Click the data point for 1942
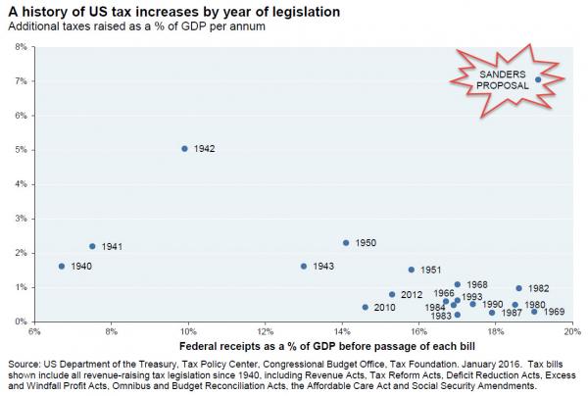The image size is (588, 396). coord(184,149)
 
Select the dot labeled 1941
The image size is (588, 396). coord(92,247)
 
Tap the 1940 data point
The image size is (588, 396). coord(62,267)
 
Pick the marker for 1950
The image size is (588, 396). coord(346,243)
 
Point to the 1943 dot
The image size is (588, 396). coord(304,267)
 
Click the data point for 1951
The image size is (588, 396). coord(412,270)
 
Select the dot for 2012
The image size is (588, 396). coord(392,294)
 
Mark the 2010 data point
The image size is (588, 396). coord(366,308)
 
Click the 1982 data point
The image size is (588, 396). coord(518,288)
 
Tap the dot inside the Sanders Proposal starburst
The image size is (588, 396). coord(538,79)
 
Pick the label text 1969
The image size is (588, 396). coord(554,312)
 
